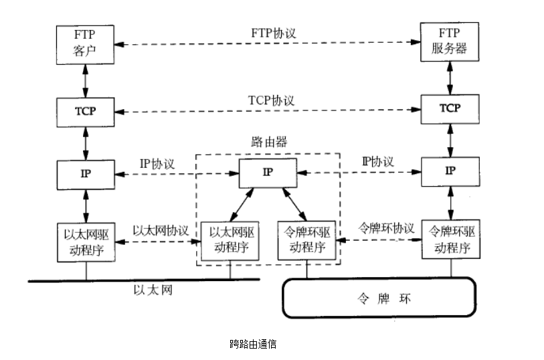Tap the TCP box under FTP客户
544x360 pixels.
coord(85,110)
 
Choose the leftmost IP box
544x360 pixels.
coord(85,173)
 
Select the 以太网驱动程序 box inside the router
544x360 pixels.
coord(230,240)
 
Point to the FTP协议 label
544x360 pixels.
coord(272,32)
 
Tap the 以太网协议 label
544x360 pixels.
coord(161,229)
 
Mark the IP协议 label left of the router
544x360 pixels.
coord(157,163)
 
